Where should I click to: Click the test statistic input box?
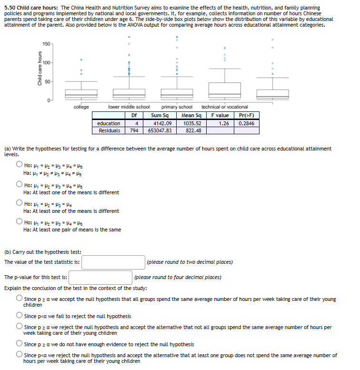coord(113,262)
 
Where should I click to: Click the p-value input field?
coord(100,277)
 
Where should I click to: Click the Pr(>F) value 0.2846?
coord(246,123)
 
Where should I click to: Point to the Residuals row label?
coord(109,130)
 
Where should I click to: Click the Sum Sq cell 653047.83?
coord(160,130)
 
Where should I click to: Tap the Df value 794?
coord(134,130)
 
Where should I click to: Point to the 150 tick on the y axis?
coord(46,44)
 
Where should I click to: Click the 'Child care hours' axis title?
coord(40,70)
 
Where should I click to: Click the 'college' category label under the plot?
coord(81,107)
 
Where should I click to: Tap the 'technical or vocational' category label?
coord(224,107)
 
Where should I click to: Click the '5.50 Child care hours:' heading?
coord(31,8)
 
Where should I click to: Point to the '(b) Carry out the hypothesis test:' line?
coord(43,252)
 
